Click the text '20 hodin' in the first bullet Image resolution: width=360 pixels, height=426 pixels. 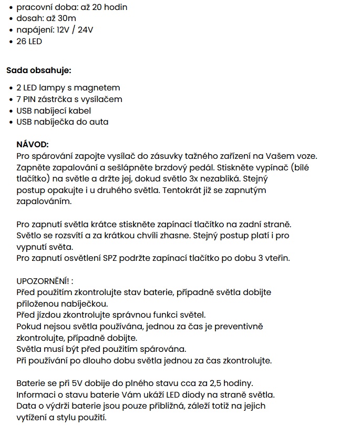[109, 7]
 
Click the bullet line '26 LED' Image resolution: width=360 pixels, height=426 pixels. [29, 41]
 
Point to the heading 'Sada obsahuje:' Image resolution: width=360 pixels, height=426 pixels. [38, 70]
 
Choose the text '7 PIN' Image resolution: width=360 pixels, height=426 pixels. [27, 99]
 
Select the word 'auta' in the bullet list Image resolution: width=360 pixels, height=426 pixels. [98, 122]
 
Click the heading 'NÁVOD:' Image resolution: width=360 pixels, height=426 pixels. [33, 145]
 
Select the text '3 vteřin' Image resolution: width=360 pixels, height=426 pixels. [274, 258]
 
